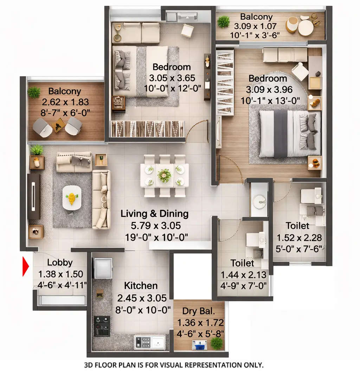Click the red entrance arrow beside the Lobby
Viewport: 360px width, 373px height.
[x=26, y=266]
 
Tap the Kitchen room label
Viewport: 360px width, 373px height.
[x=141, y=285]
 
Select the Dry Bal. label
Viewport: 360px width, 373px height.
[x=199, y=311]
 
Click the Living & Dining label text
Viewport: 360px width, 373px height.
[x=155, y=214]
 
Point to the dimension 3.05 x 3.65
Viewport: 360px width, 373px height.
[x=172, y=78]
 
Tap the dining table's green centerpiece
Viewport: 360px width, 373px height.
[x=164, y=175]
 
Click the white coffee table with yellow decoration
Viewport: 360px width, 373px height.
[x=72, y=198]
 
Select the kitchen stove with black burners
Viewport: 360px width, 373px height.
[x=102, y=326]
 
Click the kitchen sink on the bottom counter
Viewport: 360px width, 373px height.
[x=158, y=341]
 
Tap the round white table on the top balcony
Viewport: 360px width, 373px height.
[x=306, y=27]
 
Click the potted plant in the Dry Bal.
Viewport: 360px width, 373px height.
[x=217, y=343]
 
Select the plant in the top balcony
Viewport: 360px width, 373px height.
[x=223, y=22]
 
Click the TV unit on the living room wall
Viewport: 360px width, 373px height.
[x=34, y=197]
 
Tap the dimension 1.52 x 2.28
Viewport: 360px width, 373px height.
[x=299, y=238]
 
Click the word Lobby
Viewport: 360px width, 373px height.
[x=60, y=262]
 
